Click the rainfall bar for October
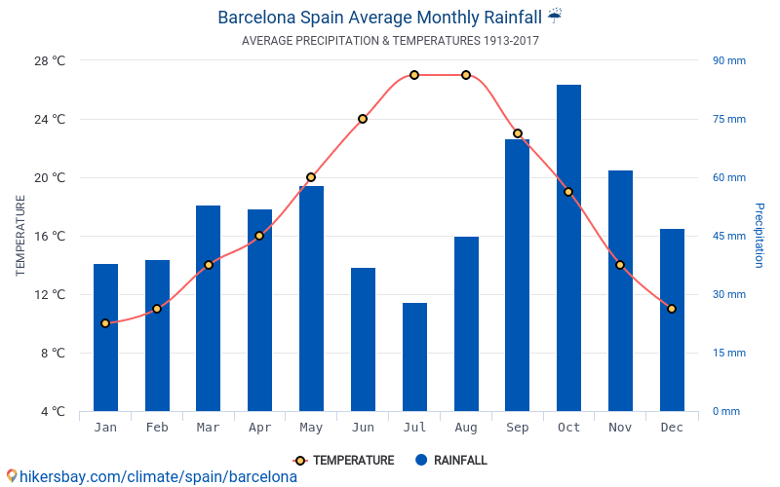pyautogui.click(x=568, y=247)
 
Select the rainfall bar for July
pyautogui.click(x=414, y=356)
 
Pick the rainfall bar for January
pyautogui.click(x=105, y=337)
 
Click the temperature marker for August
pyautogui.click(x=466, y=75)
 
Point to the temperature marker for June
pyautogui.click(x=363, y=119)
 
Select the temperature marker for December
pyautogui.click(x=672, y=309)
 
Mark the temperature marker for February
pyautogui.click(x=157, y=309)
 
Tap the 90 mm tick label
pyautogui.click(x=728, y=60)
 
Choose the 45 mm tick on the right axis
pyautogui.click(x=728, y=236)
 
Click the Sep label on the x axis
pyautogui.click(x=517, y=428)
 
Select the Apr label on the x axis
pyautogui.click(x=259, y=428)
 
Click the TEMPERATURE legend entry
pyautogui.click(x=343, y=460)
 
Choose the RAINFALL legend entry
pyautogui.click(x=450, y=460)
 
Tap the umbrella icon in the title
pyautogui.click(x=555, y=16)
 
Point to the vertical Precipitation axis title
pyautogui.click(x=760, y=236)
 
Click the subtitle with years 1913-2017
pyautogui.click(x=390, y=41)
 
